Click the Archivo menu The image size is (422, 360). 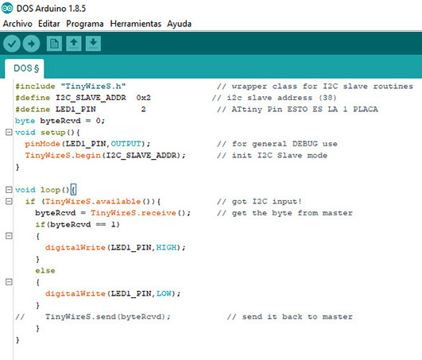(x=17, y=24)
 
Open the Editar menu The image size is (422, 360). (x=49, y=24)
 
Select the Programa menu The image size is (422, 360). (x=85, y=24)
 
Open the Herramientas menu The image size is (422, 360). (x=136, y=24)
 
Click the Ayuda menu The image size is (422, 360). (x=180, y=24)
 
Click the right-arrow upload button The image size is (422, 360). (x=31, y=44)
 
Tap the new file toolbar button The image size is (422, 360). (x=54, y=44)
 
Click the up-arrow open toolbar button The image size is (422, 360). (x=74, y=44)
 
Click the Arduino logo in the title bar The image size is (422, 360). (x=7, y=8)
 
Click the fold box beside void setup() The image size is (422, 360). (x=9, y=132)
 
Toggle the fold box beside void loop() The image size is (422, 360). (x=9, y=190)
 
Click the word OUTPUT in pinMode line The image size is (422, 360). (x=126, y=144)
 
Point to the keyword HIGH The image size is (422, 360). (x=166, y=247)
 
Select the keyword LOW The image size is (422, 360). (x=164, y=293)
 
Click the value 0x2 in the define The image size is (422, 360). (x=143, y=98)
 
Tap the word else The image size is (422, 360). (x=45, y=271)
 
